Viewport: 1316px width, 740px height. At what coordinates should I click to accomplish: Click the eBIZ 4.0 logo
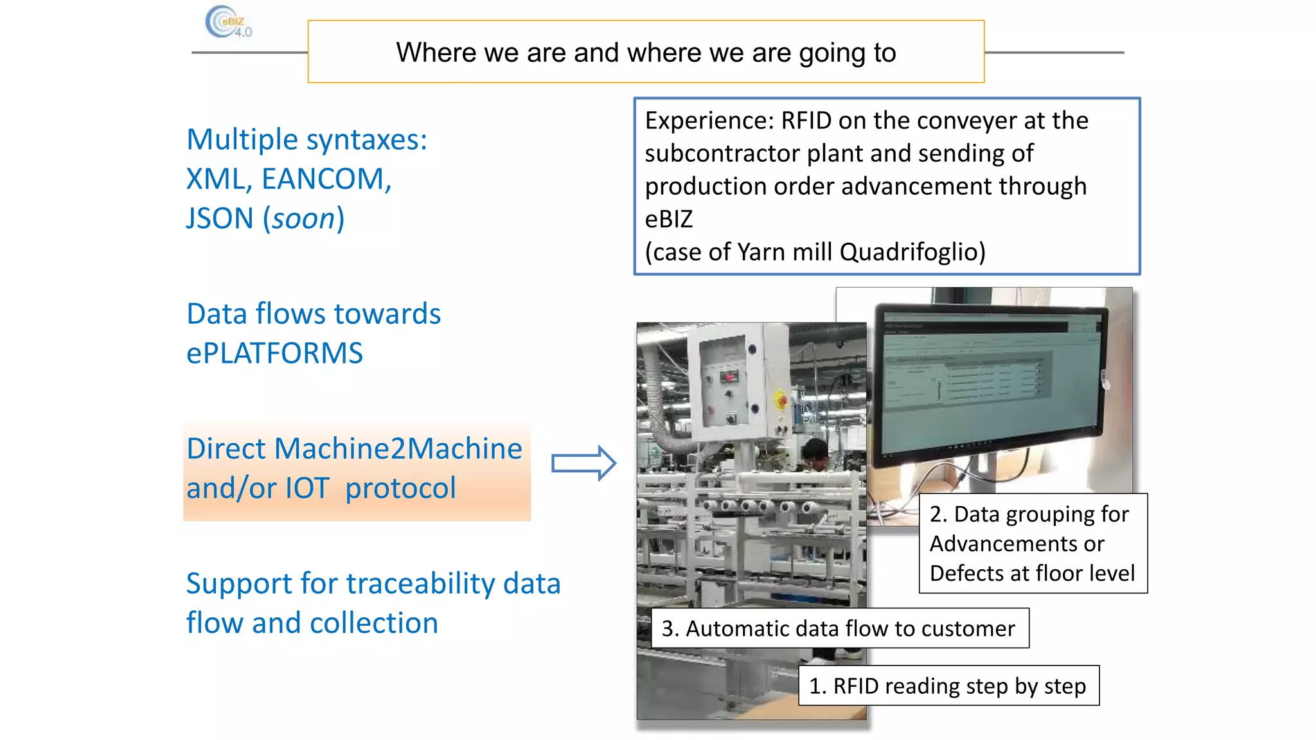pyautogui.click(x=228, y=22)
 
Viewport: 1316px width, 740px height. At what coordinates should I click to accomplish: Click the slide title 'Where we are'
pyautogui.click(x=645, y=53)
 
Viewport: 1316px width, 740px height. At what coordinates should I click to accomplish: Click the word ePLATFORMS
pyautogui.click(x=274, y=354)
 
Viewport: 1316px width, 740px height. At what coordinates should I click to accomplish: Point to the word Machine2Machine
pyautogui.click(x=398, y=448)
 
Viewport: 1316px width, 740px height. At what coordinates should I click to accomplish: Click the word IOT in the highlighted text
pyautogui.click(x=307, y=488)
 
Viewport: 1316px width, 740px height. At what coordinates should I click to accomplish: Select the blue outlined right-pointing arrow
pyautogui.click(x=583, y=463)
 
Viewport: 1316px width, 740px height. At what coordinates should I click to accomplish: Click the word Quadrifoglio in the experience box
pyautogui.click(x=912, y=252)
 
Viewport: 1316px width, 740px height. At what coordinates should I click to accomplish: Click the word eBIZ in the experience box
pyautogui.click(x=668, y=220)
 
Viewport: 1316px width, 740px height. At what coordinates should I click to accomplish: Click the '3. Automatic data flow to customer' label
pyautogui.click(x=839, y=628)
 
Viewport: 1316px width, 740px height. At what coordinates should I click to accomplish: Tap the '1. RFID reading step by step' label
pyautogui.click(x=948, y=686)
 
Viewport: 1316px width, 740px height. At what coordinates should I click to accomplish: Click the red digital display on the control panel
pyautogui.click(x=728, y=377)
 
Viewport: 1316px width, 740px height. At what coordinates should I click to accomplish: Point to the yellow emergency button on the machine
pyautogui.click(x=781, y=401)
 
